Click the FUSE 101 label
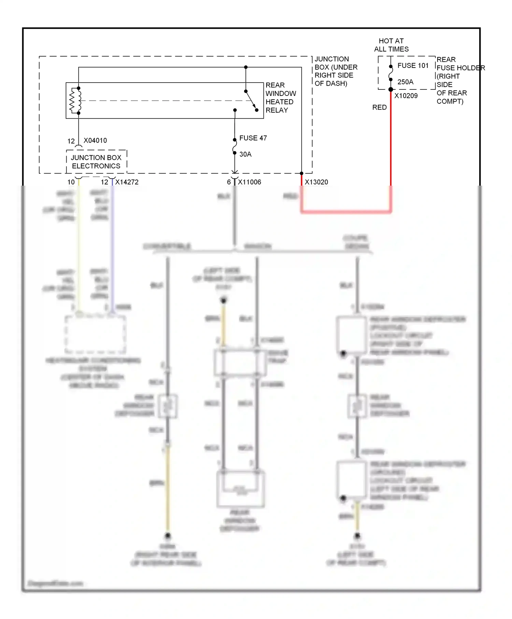[413, 66]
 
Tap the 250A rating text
[405, 82]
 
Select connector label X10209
[406, 96]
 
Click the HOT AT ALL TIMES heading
[391, 45]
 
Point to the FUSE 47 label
[253, 138]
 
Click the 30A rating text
[245, 154]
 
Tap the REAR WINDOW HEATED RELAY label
[281, 98]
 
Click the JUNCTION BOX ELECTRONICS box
[96, 162]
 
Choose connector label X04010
[95, 141]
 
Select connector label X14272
[127, 182]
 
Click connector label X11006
[250, 182]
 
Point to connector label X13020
[316, 182]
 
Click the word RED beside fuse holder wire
[380, 107]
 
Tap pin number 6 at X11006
[229, 182]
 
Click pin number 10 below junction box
[71, 182]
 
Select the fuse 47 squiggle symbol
[234, 146]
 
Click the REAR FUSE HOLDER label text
[460, 81]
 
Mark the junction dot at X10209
[391, 89]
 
